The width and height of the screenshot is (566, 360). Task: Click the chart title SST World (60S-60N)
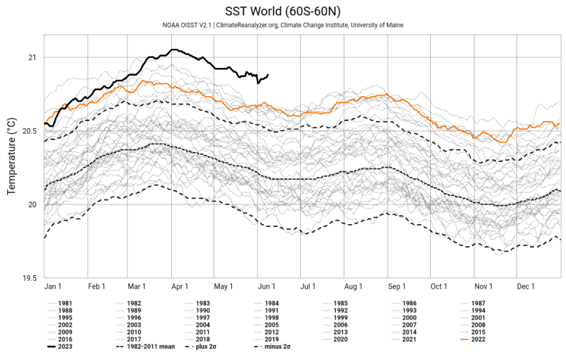(283, 11)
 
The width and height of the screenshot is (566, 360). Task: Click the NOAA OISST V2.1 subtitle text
(283, 25)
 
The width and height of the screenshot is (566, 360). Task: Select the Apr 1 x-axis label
(180, 286)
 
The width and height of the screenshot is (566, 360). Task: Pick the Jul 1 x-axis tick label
(308, 286)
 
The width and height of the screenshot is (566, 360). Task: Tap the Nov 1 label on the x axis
(483, 286)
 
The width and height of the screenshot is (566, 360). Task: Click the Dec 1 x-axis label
(525, 286)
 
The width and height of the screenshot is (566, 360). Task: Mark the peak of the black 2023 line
(173, 50)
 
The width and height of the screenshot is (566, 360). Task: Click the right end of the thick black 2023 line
(268, 75)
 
